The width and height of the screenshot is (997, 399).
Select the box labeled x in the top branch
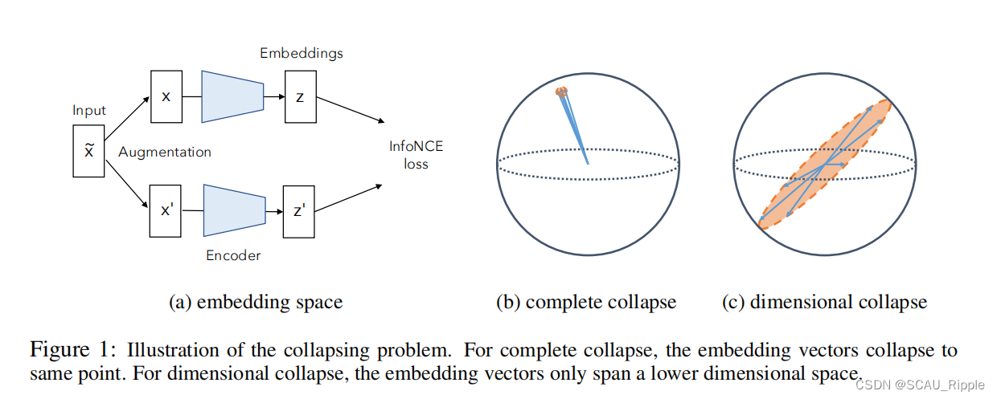[x=166, y=96]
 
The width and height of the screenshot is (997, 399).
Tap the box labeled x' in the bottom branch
[x=166, y=210]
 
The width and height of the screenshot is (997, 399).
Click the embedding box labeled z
[x=300, y=97]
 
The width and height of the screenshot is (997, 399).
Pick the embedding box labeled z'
[x=298, y=210]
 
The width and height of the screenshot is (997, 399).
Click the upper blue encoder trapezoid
[x=233, y=96]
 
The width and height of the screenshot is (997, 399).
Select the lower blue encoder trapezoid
[x=234, y=210]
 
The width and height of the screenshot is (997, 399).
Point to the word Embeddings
[x=301, y=53]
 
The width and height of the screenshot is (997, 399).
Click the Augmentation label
[x=165, y=152]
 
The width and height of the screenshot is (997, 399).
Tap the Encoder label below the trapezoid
[x=233, y=255]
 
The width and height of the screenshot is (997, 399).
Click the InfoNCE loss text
[x=416, y=155]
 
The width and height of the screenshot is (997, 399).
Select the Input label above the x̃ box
[x=88, y=110]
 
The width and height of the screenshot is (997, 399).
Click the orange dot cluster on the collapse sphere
[x=561, y=92]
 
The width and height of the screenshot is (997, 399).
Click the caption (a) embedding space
[x=256, y=303]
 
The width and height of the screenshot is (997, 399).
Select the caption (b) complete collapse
[x=586, y=303]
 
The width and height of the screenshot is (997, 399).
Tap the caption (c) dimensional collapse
[x=824, y=303]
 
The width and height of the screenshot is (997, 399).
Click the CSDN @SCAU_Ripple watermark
[x=920, y=385]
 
